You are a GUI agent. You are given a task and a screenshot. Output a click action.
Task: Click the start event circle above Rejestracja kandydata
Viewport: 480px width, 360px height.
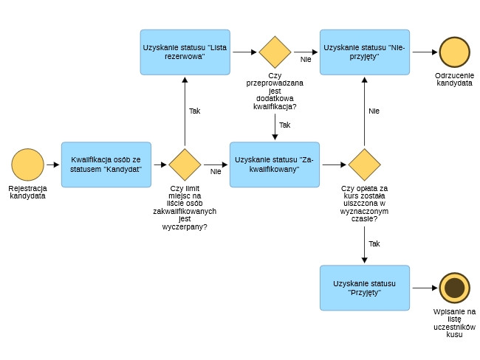point(28,164)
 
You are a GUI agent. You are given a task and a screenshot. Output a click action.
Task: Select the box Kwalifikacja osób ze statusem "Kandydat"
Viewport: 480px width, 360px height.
point(106,164)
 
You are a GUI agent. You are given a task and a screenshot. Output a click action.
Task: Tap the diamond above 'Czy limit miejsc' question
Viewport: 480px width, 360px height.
point(185,164)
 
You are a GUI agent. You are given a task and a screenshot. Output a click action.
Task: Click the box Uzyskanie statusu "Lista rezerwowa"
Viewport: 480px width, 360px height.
point(185,52)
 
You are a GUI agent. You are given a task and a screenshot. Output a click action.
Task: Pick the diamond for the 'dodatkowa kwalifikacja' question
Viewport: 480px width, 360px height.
point(275,52)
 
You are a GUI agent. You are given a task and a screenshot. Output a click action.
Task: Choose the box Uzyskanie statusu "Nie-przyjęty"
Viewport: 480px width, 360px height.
point(364,52)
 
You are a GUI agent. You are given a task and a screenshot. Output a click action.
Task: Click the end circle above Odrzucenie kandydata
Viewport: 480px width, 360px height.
point(455,52)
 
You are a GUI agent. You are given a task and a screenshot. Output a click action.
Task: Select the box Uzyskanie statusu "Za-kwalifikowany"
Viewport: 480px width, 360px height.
point(275,164)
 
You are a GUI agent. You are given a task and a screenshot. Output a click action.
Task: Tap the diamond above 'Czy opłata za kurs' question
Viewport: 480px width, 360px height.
point(364,164)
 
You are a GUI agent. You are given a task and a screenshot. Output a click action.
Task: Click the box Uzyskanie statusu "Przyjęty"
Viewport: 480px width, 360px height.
point(364,288)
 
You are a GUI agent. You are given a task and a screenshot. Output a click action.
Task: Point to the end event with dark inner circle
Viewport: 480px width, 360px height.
point(455,288)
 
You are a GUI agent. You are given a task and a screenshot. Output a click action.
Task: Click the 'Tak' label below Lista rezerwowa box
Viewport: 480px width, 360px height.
point(194,111)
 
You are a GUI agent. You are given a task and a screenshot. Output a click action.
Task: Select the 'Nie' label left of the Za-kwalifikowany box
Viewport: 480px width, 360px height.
point(216,172)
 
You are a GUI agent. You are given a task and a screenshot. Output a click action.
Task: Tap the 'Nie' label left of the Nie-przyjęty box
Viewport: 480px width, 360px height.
point(306,60)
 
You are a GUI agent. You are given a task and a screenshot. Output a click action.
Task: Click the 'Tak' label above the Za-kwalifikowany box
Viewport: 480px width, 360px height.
point(284,125)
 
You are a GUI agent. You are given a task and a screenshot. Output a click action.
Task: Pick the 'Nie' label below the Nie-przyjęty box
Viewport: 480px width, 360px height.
point(374,111)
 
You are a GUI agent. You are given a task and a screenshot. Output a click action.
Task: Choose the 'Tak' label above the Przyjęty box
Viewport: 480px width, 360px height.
point(374,243)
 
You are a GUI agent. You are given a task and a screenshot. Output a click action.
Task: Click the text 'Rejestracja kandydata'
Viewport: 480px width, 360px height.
point(28,193)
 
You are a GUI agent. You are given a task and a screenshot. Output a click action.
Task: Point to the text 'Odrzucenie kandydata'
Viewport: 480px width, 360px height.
point(455,80)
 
